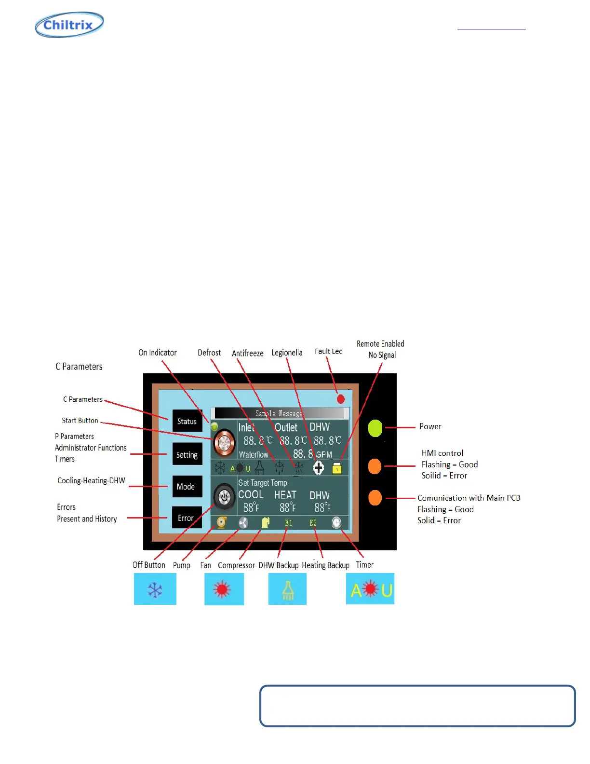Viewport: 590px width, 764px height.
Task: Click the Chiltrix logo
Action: click(x=69, y=25)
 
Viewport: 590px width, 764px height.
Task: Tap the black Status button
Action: click(x=187, y=421)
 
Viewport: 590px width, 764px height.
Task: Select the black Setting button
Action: click(x=187, y=454)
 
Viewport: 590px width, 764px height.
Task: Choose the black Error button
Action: click(x=186, y=518)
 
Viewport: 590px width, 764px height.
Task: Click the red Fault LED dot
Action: click(x=341, y=399)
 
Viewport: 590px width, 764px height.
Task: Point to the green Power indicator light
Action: click(x=375, y=428)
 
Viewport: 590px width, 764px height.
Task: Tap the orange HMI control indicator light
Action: click(x=375, y=466)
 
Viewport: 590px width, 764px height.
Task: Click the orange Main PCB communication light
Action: click(x=375, y=498)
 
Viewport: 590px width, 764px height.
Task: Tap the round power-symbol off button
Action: click(x=224, y=496)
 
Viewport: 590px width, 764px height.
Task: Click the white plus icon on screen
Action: click(x=318, y=467)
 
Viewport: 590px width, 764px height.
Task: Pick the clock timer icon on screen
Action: click(x=336, y=523)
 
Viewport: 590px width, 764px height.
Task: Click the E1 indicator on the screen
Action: click(x=288, y=523)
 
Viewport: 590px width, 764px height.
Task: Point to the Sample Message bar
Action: click(x=280, y=413)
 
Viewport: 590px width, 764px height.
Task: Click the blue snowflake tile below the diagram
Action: click(x=155, y=589)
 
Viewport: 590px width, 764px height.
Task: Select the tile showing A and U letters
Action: click(x=370, y=589)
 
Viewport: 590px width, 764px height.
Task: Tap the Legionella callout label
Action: click(x=287, y=353)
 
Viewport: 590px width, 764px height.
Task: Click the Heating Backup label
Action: click(x=325, y=565)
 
